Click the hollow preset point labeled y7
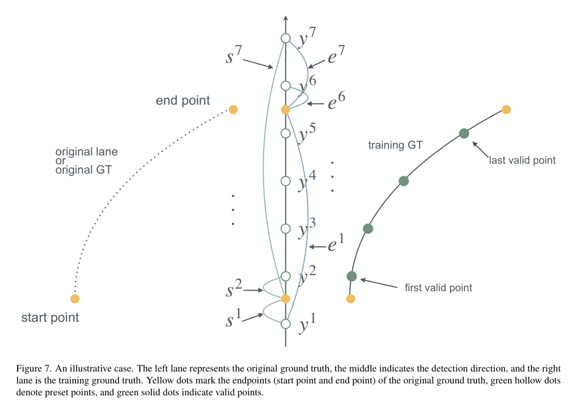[x=285, y=38]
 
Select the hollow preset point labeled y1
[x=285, y=324]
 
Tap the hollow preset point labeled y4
[x=285, y=181]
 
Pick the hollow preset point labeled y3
[x=285, y=228]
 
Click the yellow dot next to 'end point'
[x=233, y=109]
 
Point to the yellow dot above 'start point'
[x=75, y=298]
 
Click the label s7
[x=232, y=55]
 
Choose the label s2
[x=232, y=289]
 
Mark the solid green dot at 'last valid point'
[x=464, y=133]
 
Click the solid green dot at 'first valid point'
[x=352, y=276]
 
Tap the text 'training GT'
[x=395, y=146]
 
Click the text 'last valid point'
[x=522, y=161]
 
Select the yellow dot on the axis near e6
[x=285, y=109]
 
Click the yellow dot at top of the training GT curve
[x=507, y=109]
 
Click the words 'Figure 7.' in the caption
[x=33, y=369]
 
